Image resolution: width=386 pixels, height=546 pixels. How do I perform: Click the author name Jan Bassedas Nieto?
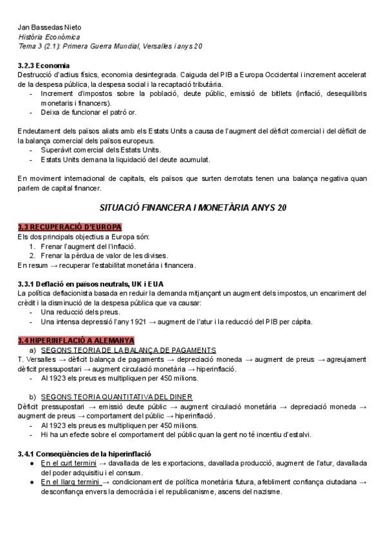pyautogui.click(x=50, y=27)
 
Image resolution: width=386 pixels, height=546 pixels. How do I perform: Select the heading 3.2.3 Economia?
pyautogui.click(x=44, y=66)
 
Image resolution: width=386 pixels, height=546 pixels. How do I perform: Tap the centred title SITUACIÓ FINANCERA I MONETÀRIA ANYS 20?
pyautogui.click(x=193, y=208)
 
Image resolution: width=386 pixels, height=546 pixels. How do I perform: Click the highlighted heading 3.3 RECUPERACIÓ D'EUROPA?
pyautogui.click(x=69, y=227)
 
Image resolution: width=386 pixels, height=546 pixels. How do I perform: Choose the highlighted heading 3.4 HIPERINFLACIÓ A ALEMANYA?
pyautogui.click(x=75, y=340)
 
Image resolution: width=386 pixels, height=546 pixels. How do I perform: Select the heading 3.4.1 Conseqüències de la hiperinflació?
pyautogui.click(x=84, y=453)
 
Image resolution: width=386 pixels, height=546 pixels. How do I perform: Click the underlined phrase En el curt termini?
pyautogui.click(x=68, y=463)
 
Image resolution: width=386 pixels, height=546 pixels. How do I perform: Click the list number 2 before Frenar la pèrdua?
pyautogui.click(x=32, y=255)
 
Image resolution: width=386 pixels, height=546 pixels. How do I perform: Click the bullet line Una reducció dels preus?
pyautogui.click(x=80, y=312)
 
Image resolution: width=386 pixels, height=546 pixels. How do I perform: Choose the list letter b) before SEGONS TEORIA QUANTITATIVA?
pyautogui.click(x=32, y=397)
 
